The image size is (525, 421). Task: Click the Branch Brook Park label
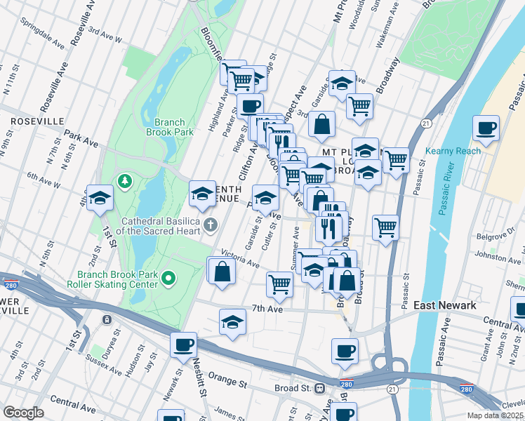pos(169,126)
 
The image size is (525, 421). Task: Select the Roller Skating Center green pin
pos(168,280)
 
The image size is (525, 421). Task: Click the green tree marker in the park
pos(125,182)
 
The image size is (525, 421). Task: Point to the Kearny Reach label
pos(453,151)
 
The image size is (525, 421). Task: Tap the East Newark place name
pos(444,305)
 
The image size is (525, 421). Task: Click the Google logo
pos(23,412)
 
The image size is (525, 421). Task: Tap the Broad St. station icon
pos(319,387)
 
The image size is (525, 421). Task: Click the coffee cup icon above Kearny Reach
pos(486,128)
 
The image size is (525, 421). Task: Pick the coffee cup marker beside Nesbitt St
pos(184,345)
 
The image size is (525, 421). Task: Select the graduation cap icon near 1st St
pos(100,198)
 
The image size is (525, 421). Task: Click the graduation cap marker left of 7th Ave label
pos(232,322)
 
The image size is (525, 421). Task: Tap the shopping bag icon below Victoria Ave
pos(222,272)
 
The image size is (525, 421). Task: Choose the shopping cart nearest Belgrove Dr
pos(385,227)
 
